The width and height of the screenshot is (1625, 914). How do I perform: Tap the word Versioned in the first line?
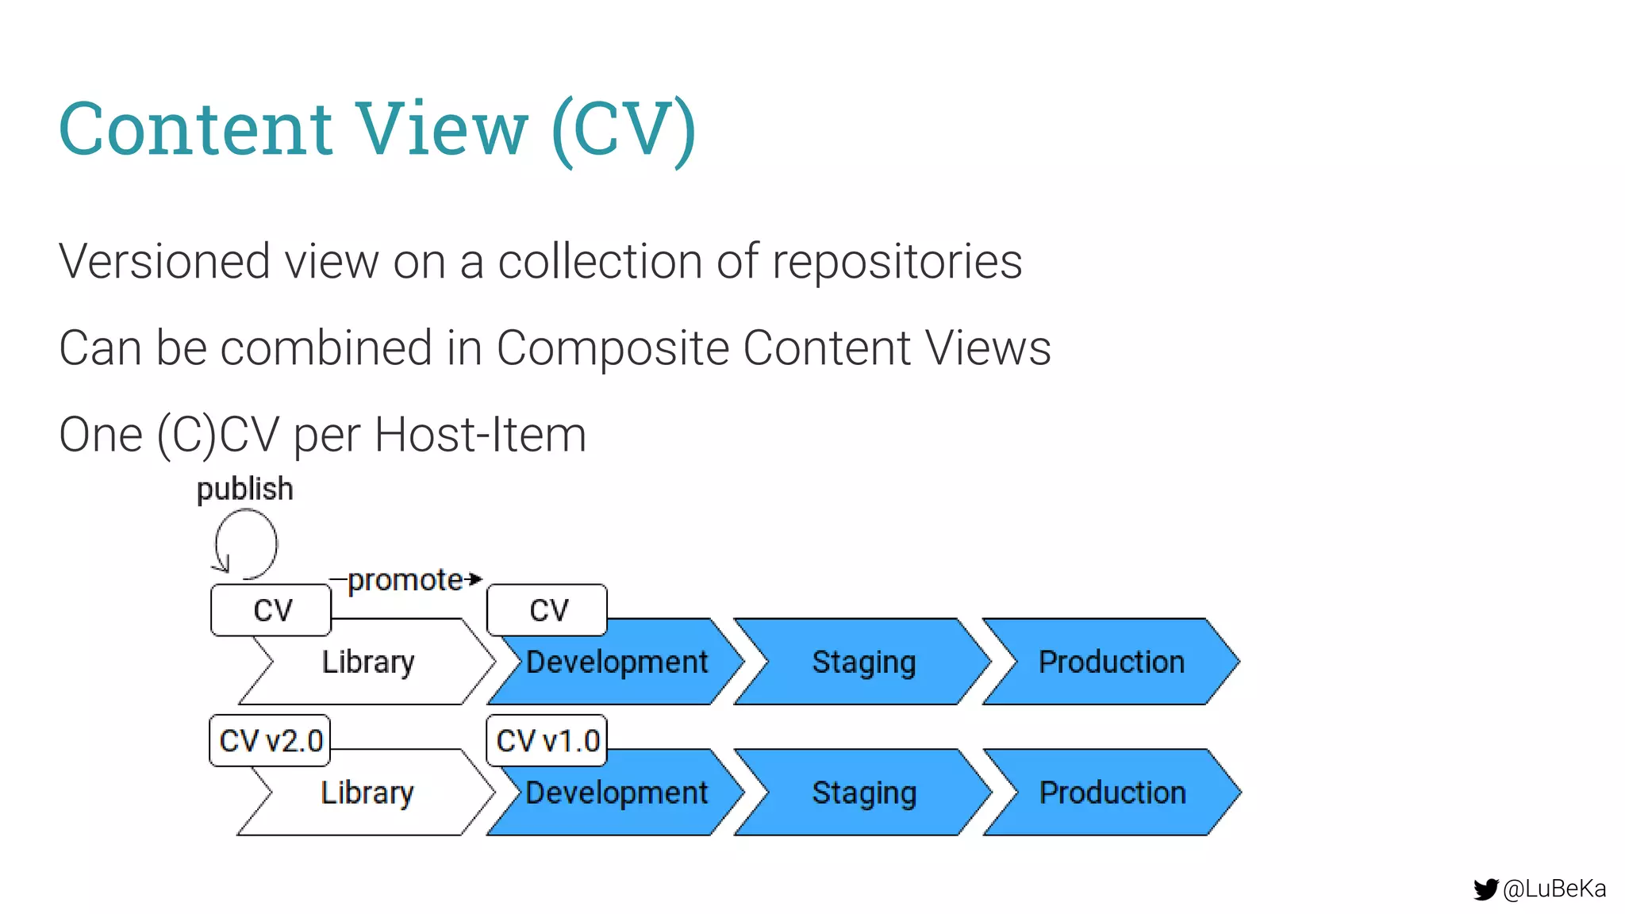point(163,261)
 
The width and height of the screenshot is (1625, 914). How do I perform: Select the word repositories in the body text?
point(897,261)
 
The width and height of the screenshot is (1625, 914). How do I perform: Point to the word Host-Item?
point(480,435)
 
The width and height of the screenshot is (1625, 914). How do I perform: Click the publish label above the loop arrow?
point(244,489)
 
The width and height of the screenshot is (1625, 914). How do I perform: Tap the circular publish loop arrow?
point(246,544)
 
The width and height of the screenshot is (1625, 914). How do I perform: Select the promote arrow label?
point(405,580)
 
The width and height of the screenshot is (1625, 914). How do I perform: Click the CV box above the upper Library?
point(271,610)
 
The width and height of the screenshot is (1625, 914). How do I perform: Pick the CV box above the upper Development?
point(547,610)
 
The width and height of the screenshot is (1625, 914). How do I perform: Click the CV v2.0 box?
point(271,741)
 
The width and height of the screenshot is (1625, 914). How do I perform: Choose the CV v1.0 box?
point(547,741)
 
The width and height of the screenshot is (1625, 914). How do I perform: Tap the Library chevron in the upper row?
point(368,662)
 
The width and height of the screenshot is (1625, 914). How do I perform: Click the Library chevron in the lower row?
point(367,793)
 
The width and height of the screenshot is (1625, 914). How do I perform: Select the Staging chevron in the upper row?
point(863,662)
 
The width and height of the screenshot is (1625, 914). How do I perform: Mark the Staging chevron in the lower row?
point(863,793)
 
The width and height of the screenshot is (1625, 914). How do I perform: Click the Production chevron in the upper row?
point(1111,662)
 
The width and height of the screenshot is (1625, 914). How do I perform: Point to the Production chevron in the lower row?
point(1112,793)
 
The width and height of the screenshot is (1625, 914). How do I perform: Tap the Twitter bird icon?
point(1485,889)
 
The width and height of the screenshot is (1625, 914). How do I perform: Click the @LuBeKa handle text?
point(1554,889)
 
